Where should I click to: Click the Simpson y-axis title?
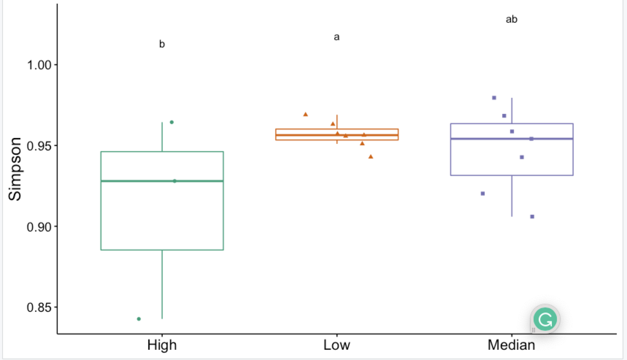tap(15, 169)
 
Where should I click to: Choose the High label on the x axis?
tap(162, 345)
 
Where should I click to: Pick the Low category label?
tap(336, 345)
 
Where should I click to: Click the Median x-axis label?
tap(511, 345)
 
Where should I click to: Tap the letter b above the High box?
tap(162, 44)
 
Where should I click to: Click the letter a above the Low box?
tap(336, 37)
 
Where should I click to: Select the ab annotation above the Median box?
tap(511, 19)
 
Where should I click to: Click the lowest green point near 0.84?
tap(139, 319)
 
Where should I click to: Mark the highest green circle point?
tap(172, 122)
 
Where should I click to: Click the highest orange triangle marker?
tap(305, 114)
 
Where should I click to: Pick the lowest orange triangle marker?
tap(371, 157)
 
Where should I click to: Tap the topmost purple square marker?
tap(494, 97)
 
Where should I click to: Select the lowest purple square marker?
tap(532, 217)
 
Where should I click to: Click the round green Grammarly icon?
tap(545, 319)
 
